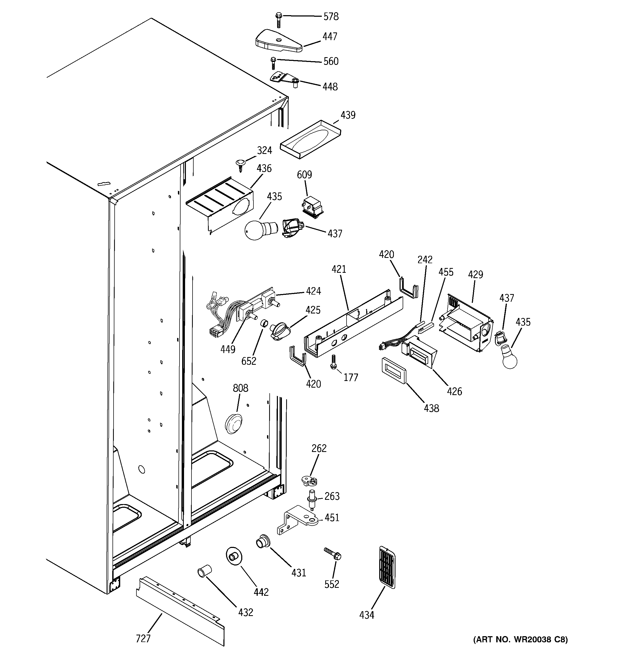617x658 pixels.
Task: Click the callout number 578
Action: pyautogui.click(x=331, y=16)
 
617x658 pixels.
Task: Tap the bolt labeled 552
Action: pyautogui.click(x=332, y=554)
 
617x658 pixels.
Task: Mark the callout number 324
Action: pyautogui.click(x=264, y=150)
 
